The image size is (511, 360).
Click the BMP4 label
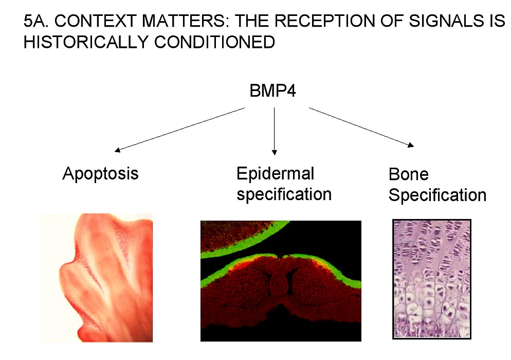(273, 91)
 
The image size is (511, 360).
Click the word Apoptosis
(100, 174)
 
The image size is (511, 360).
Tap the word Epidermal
(276, 173)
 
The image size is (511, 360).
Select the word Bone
(409, 174)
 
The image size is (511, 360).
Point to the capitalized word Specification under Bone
(437, 195)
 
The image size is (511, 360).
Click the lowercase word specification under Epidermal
(284, 195)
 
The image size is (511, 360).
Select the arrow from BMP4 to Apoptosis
(179, 130)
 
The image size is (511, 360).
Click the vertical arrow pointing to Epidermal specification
(275, 131)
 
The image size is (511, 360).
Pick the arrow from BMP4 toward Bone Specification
(361, 127)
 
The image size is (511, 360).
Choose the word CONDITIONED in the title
(214, 42)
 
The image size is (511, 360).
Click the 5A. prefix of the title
(36, 21)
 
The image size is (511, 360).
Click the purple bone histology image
(432, 279)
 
